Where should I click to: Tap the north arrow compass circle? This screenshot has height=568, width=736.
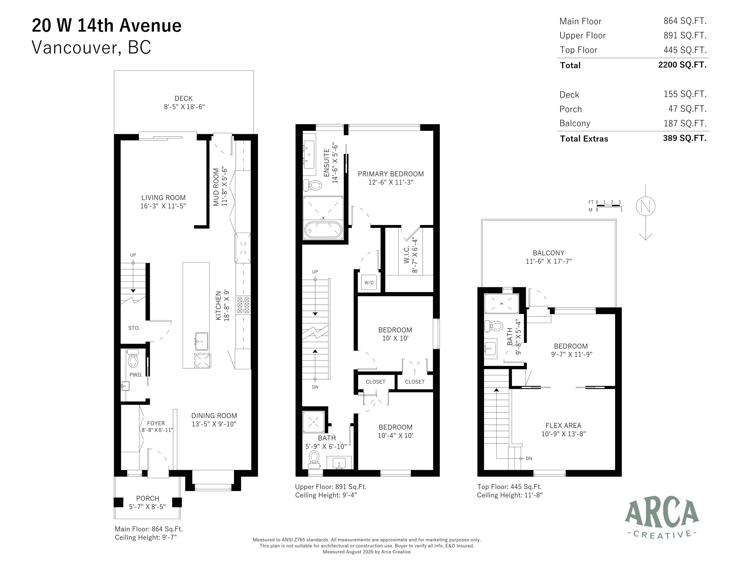(645, 206)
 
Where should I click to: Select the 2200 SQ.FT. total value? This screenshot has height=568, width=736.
(682, 65)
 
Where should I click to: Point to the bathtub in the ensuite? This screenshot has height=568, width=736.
(323, 230)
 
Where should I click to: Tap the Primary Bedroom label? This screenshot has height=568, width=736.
(391, 174)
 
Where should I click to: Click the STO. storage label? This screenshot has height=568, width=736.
(134, 328)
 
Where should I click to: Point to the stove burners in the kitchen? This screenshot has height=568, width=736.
(243, 305)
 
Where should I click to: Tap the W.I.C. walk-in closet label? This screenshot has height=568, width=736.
(406, 255)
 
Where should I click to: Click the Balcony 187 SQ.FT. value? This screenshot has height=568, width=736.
(685, 123)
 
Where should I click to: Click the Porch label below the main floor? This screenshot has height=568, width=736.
(148, 498)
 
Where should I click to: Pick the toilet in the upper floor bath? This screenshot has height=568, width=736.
(314, 459)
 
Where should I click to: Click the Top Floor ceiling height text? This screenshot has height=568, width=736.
(510, 495)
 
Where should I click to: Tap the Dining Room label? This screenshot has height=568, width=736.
(214, 416)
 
